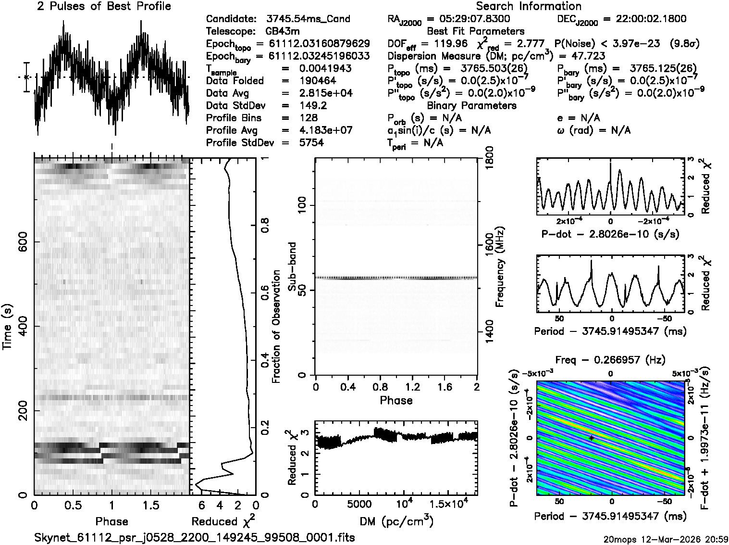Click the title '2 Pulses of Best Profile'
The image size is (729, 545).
coord(104,6)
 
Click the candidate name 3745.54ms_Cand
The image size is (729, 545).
coord(308,19)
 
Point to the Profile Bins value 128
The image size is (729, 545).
coord(308,118)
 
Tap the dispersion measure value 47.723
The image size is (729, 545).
coord(588,56)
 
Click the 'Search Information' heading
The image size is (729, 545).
coord(529,6)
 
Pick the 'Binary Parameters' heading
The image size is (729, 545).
coord(471,105)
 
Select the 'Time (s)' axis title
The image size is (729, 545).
coord(7,327)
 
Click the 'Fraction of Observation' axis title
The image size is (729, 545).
coord(276,327)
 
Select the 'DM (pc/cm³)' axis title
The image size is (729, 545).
coord(396,521)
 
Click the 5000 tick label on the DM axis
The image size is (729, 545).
coord(357,504)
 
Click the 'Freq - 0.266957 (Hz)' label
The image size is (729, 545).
coord(610,360)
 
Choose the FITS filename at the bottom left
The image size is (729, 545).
coord(195,537)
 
